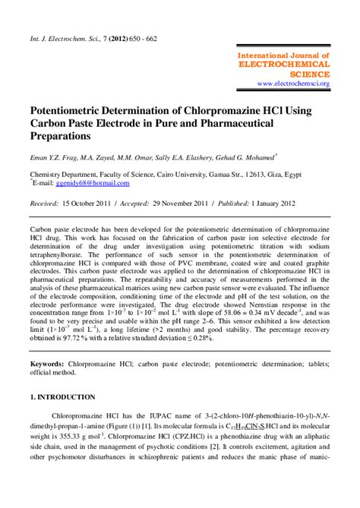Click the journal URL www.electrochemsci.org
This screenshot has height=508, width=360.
292,84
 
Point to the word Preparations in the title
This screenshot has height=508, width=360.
60,136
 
